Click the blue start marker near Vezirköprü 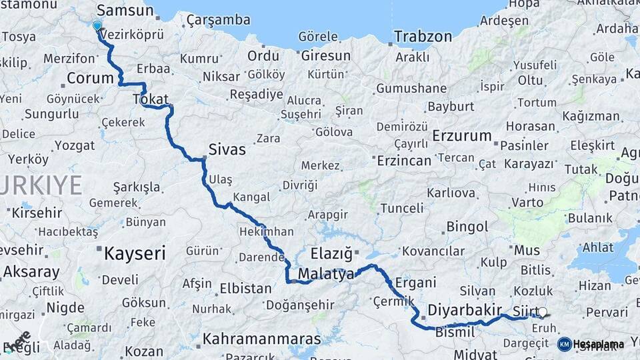[97, 26]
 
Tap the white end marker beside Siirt [542, 312]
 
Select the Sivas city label [227, 149]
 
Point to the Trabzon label [423, 37]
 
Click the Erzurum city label [461, 136]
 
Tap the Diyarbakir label [464, 311]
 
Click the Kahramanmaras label [261, 339]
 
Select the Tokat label [151, 99]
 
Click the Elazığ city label [331, 253]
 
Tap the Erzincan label [404, 161]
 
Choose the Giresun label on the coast [325, 55]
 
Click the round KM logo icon [564, 344]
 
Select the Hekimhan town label [266, 231]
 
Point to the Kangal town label [253, 197]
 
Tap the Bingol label [467, 227]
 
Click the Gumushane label [411, 88]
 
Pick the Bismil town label [455, 332]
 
